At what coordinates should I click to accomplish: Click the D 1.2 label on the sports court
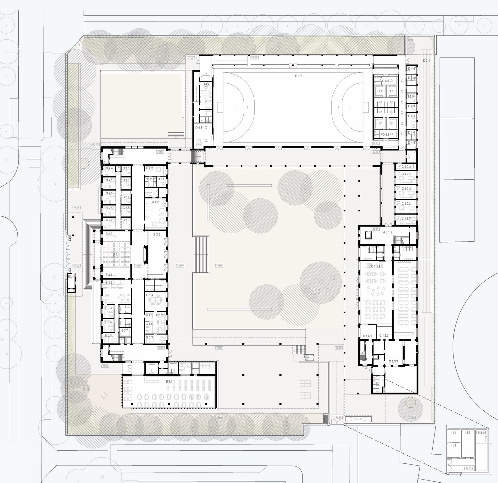(298, 76)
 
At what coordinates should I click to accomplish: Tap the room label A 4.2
(155, 202)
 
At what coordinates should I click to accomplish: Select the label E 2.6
(157, 234)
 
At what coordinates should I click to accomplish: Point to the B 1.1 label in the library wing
(169, 381)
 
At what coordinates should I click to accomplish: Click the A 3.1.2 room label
(387, 232)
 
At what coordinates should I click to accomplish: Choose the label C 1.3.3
(393, 361)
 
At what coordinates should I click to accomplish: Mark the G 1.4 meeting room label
(149, 295)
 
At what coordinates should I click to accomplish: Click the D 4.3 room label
(199, 128)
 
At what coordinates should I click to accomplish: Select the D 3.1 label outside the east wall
(426, 60)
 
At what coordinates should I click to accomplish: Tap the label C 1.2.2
(406, 167)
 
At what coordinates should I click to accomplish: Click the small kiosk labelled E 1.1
(71, 276)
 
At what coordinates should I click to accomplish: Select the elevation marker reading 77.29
(191, 58)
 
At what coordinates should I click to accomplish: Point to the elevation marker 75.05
(95, 144)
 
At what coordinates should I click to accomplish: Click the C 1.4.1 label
(367, 336)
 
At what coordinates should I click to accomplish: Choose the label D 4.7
(206, 84)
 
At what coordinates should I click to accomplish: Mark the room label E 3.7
(125, 330)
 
